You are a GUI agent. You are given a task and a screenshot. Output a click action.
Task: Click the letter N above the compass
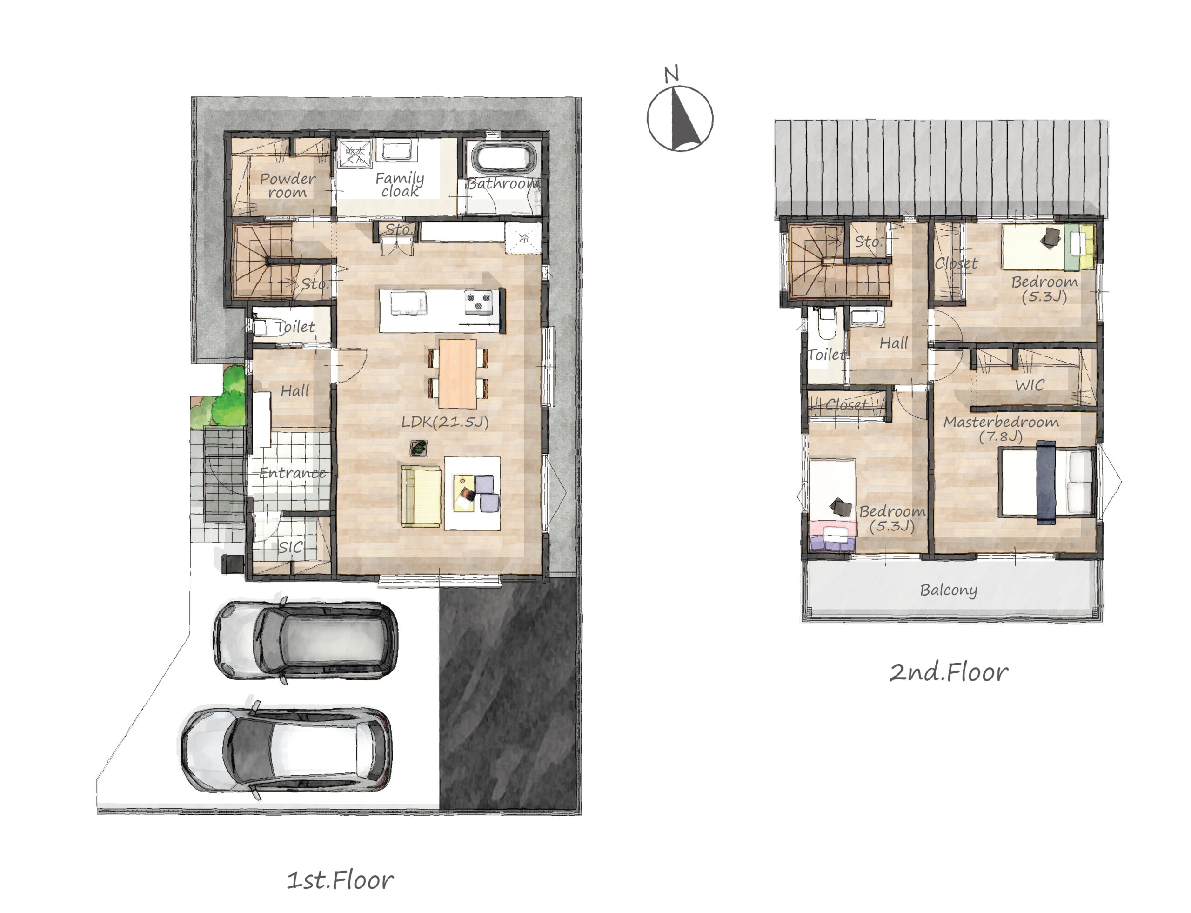(x=672, y=74)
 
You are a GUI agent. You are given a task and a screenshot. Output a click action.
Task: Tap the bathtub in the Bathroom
(x=502, y=157)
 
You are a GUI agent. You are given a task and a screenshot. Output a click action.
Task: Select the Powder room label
(x=288, y=185)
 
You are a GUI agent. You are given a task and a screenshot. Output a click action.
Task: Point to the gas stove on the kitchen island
(x=479, y=302)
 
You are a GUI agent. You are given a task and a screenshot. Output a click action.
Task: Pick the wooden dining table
(x=457, y=373)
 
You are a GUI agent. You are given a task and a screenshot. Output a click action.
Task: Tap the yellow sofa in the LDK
(x=421, y=496)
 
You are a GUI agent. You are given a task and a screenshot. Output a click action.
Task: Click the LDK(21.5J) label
(x=445, y=422)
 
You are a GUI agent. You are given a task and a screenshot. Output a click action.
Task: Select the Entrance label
(x=292, y=473)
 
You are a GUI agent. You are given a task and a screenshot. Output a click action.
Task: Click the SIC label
(x=291, y=547)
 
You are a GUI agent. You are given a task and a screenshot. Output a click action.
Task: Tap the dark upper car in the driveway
(x=305, y=640)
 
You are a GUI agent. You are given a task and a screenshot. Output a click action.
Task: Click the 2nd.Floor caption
(x=948, y=673)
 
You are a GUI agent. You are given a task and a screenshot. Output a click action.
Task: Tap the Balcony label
(x=948, y=590)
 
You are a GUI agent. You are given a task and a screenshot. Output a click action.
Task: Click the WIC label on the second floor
(x=1030, y=385)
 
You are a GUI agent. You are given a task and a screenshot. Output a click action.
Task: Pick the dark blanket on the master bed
(x=1046, y=483)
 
